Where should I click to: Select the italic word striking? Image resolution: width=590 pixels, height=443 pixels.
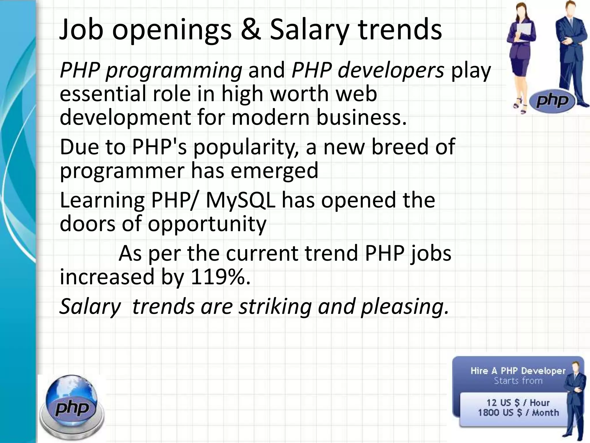[275, 307]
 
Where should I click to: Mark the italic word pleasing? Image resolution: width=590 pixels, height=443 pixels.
[405, 307]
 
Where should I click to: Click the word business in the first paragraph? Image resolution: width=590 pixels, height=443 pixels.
[361, 118]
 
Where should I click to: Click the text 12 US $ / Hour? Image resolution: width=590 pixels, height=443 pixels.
[518, 403]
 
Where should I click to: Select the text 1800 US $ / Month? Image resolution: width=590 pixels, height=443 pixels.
[518, 413]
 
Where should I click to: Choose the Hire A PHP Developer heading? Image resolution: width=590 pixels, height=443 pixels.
[518, 371]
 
